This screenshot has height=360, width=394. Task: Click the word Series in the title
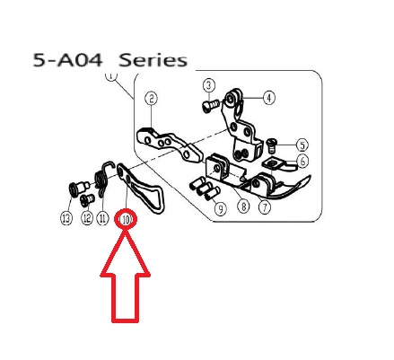(153, 60)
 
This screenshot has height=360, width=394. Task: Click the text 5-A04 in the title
(67, 60)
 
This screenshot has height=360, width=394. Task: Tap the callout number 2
(152, 99)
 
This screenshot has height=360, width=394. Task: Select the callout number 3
(209, 85)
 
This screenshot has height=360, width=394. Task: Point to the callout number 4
(269, 98)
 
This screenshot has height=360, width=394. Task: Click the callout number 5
(302, 145)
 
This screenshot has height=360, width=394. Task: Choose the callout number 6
(303, 162)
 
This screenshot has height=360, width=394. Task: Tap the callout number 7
(265, 207)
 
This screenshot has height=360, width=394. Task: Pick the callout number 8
(243, 206)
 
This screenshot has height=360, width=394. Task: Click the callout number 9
(221, 209)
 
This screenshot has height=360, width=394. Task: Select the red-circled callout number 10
(126, 220)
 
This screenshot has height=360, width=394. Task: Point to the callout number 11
(102, 219)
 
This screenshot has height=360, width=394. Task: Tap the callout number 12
(87, 218)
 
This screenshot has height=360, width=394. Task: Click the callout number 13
(66, 218)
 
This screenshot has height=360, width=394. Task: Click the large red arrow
(126, 276)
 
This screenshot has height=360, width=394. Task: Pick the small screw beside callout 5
(271, 145)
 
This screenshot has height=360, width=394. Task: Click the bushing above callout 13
(77, 189)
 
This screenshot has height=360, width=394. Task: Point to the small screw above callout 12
(87, 200)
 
